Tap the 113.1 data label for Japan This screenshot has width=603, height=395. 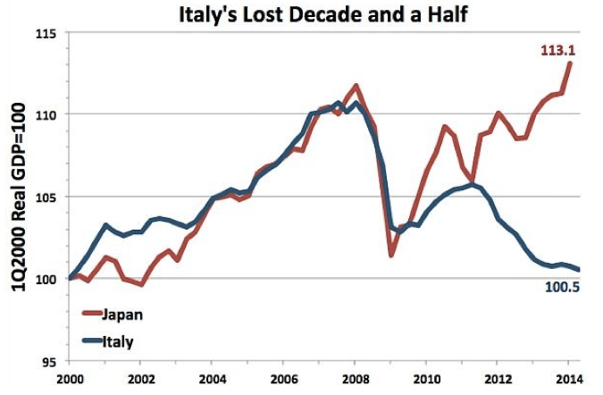click(x=556, y=51)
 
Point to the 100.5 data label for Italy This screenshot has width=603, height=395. click(x=561, y=287)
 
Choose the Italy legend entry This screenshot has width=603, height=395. click(x=118, y=340)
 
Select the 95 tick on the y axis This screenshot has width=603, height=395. click(x=47, y=361)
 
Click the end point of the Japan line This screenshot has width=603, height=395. click(x=571, y=63)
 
